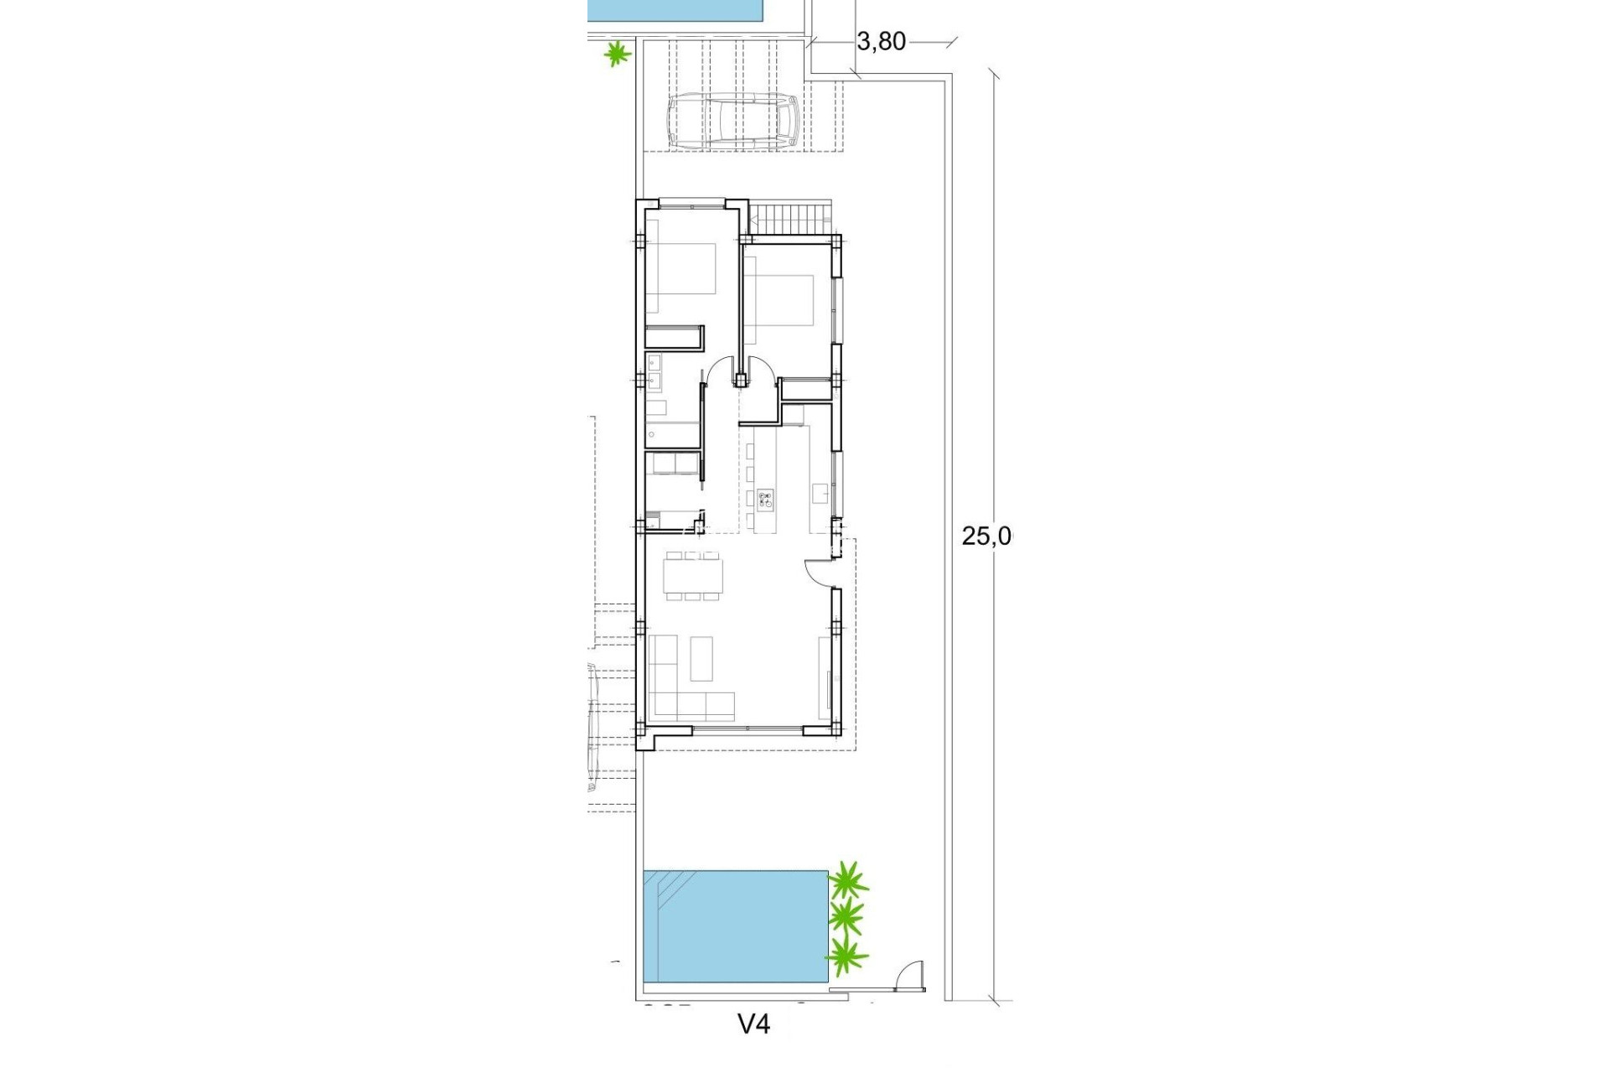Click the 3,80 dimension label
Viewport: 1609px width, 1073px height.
[x=881, y=41]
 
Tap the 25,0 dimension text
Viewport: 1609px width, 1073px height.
[x=986, y=536]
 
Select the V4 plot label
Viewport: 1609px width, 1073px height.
[x=753, y=1024]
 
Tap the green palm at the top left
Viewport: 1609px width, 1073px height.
[x=618, y=55]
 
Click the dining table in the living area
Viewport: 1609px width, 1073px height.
[x=692, y=575]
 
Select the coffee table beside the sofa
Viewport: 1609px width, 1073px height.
[x=701, y=659]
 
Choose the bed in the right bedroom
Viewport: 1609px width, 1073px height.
[x=779, y=300]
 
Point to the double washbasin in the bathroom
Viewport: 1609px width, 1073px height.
[x=654, y=371]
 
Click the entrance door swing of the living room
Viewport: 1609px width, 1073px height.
[x=816, y=572]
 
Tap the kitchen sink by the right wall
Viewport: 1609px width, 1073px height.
[x=820, y=490]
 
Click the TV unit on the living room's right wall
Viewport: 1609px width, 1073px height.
[x=825, y=676]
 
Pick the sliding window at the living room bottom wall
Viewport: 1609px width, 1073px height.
[x=748, y=730]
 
